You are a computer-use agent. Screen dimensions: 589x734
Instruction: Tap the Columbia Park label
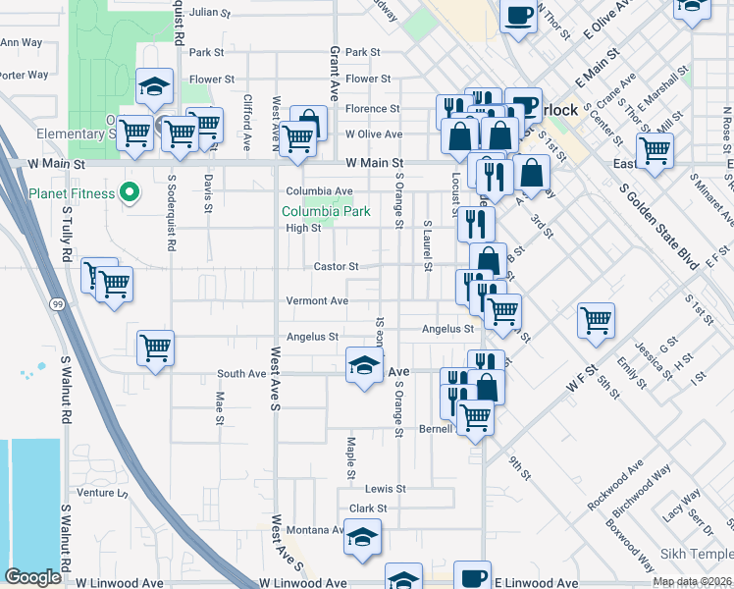coord(326,211)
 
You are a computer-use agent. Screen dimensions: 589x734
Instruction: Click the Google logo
coord(32,577)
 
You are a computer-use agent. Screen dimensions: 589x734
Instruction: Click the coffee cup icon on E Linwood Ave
coord(473,577)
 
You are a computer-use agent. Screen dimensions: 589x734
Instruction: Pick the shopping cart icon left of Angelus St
coord(156,347)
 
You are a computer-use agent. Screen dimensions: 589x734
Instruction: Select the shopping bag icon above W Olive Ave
coord(308,124)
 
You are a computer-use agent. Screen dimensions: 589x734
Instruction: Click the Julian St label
coord(209,14)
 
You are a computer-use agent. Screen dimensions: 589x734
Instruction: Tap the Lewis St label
coord(385,489)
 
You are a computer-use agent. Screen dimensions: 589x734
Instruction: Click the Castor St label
coord(336,266)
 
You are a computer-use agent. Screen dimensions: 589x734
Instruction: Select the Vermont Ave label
coord(317,300)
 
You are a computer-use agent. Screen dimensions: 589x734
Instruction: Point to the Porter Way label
coord(24,75)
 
